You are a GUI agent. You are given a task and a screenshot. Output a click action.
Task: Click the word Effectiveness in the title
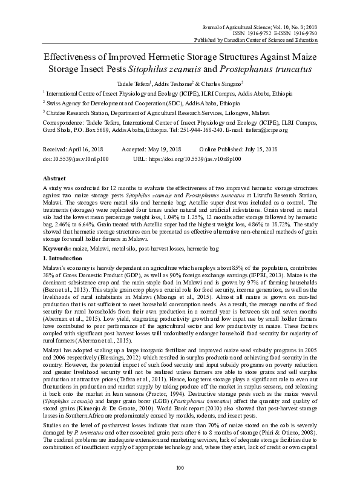[63, 55]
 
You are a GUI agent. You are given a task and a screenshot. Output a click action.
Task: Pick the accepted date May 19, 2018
[165, 149]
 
